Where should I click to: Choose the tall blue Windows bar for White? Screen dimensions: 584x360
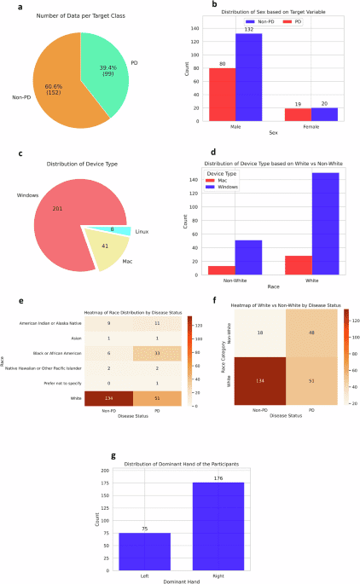[x=324, y=223]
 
